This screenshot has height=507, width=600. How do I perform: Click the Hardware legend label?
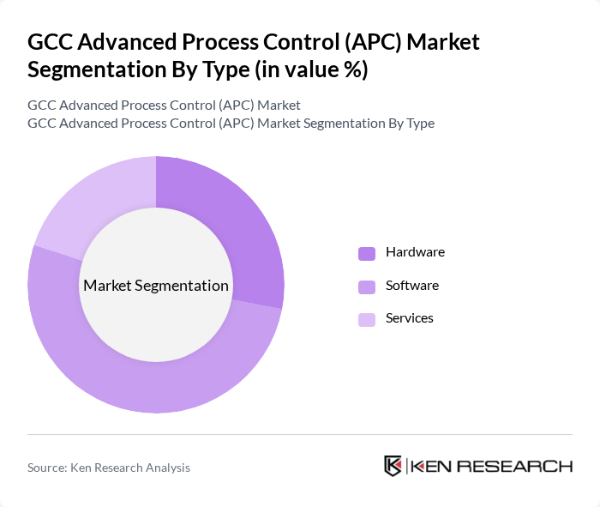(x=415, y=252)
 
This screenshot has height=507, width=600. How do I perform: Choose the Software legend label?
(x=412, y=285)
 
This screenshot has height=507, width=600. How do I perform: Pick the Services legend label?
(x=410, y=317)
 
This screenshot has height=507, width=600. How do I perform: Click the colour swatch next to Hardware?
(x=367, y=253)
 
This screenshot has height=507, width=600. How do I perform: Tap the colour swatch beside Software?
(x=367, y=286)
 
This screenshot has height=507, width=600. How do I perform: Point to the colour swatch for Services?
(x=367, y=318)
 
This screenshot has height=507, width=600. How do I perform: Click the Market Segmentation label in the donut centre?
(x=156, y=286)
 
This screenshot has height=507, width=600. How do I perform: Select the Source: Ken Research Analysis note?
(x=109, y=468)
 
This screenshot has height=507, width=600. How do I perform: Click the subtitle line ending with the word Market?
(x=164, y=105)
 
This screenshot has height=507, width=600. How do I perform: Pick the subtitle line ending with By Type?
(x=231, y=123)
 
